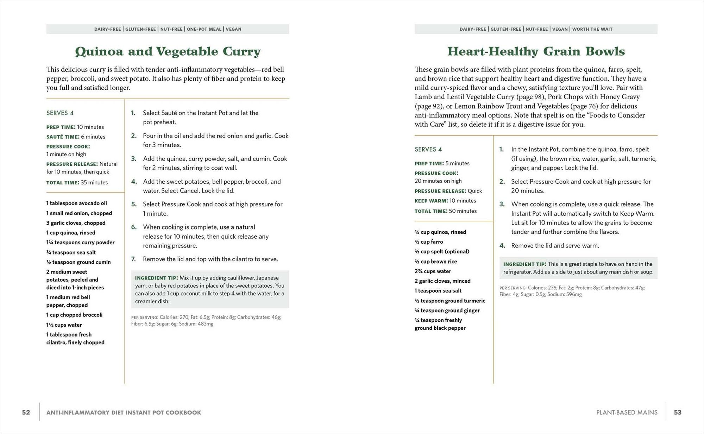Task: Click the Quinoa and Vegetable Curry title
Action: (168, 51)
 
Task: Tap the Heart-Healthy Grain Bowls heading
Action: (536, 51)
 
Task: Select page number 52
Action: (26, 412)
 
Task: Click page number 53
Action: (678, 412)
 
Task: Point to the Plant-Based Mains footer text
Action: (627, 412)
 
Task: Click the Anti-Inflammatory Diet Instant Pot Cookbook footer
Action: (124, 412)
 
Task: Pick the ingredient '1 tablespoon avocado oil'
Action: (76, 203)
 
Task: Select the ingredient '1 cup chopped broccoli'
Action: (74, 315)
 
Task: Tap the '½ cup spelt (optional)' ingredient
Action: (442, 251)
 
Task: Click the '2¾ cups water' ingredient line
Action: (433, 271)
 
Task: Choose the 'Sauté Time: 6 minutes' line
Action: (76, 137)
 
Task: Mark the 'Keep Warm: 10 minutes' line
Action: (445, 201)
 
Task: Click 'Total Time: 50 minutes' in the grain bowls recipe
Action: (445, 211)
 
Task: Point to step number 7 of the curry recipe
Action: (133, 259)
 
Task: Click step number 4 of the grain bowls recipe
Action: (502, 246)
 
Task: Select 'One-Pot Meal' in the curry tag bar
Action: (204, 29)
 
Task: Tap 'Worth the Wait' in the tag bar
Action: (592, 29)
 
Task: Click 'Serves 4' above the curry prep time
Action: (60, 113)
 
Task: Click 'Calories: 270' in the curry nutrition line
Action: (174, 317)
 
